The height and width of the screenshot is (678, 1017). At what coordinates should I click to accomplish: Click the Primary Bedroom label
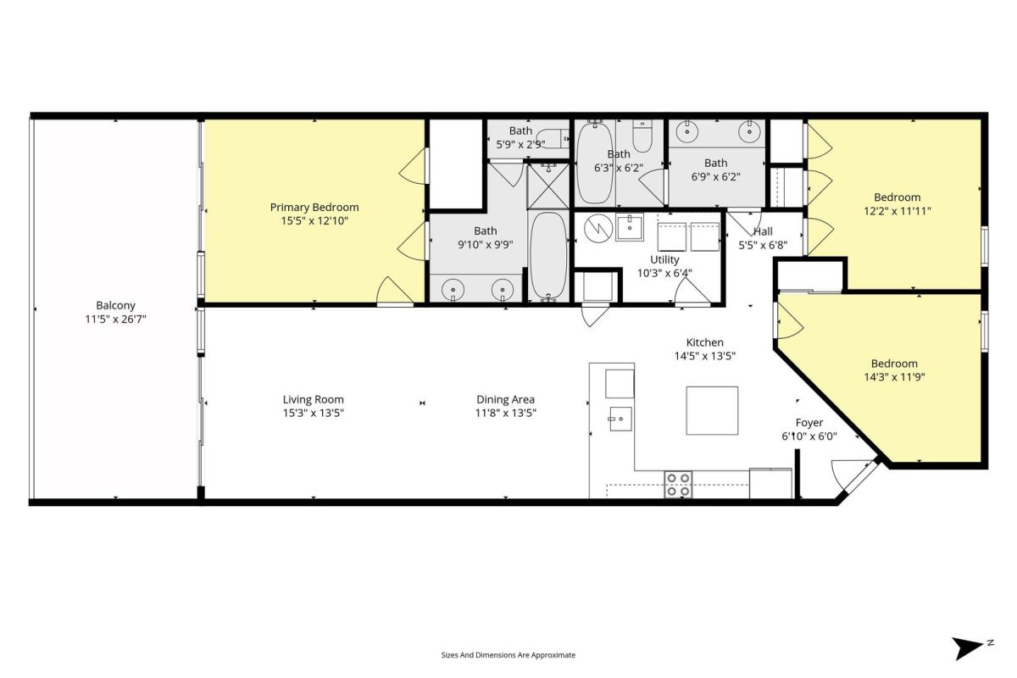tap(314, 208)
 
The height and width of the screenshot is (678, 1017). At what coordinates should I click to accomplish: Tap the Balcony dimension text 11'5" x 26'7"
tap(116, 320)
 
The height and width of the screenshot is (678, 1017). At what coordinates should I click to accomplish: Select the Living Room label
tap(314, 400)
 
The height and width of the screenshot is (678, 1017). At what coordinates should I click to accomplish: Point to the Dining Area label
tap(505, 400)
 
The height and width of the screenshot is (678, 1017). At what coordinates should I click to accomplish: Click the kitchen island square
tap(712, 410)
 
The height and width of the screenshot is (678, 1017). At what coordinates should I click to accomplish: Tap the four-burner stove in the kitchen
tap(678, 484)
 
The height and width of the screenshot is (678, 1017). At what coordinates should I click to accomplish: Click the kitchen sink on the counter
tap(620, 419)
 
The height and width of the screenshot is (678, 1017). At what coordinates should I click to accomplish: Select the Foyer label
tap(809, 423)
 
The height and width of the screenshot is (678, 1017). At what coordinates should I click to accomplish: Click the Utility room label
tap(664, 259)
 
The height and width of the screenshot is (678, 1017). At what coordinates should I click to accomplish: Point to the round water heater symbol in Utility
tap(598, 228)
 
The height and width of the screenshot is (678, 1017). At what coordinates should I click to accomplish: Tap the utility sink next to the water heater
tap(630, 228)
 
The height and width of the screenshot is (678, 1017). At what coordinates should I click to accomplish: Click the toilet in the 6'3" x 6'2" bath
tap(642, 136)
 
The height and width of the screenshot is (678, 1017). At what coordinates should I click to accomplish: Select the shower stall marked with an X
tap(548, 186)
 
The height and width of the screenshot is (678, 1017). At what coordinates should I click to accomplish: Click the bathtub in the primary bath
tap(548, 257)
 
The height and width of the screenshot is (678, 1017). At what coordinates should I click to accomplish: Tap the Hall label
tap(764, 231)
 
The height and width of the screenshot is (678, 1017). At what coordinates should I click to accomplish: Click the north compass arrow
tap(967, 648)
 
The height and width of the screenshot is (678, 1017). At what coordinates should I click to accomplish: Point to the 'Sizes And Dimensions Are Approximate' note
tap(508, 655)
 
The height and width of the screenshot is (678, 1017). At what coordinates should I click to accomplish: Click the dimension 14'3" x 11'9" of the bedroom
tap(894, 377)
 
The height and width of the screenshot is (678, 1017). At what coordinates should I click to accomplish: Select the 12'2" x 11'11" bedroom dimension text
tap(898, 211)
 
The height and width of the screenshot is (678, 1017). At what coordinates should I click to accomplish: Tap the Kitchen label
tap(704, 343)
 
